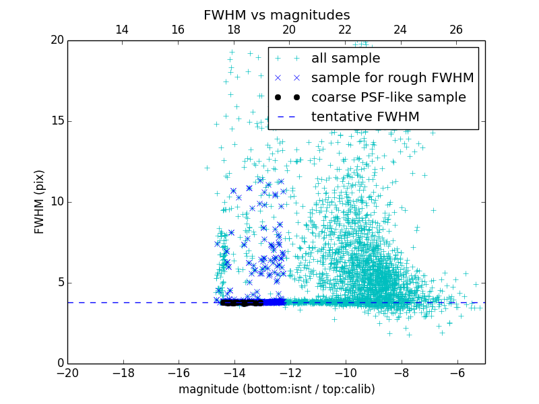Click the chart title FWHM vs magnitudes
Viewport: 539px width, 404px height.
[276, 15]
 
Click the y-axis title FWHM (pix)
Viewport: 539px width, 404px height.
[39, 201]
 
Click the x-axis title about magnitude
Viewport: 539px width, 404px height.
[276, 389]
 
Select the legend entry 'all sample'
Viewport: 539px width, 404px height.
[346, 59]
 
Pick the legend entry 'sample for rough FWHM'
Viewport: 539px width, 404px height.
[392, 78]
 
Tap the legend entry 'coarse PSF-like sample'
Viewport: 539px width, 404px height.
[388, 98]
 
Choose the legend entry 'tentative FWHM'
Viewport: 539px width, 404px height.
[364, 117]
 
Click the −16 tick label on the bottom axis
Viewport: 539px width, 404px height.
[179, 372]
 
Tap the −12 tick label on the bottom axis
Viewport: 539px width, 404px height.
[290, 372]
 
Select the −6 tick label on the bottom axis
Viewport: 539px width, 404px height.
[457, 372]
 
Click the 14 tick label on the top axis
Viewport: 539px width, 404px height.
[122, 30]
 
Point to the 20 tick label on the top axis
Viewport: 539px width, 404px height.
[289, 30]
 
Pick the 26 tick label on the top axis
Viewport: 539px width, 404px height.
[456, 30]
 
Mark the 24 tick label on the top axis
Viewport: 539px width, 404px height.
[400, 30]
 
